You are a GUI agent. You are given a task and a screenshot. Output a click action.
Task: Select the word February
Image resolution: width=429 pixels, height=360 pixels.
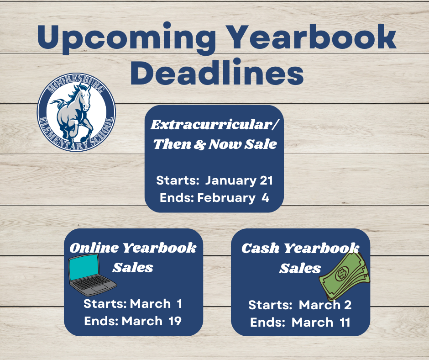coord(226,198)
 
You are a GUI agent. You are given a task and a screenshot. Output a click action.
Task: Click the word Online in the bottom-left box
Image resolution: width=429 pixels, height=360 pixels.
coord(91,248)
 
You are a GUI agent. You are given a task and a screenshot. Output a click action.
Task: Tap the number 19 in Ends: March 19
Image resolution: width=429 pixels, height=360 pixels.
coord(174,321)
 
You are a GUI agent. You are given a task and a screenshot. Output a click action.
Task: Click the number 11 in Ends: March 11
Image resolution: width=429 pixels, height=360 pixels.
coord(345,322)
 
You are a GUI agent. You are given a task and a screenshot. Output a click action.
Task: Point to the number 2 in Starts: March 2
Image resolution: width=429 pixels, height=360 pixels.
coord(348,305)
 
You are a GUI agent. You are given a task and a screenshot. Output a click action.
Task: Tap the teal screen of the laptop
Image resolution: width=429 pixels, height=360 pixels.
coord(84,269)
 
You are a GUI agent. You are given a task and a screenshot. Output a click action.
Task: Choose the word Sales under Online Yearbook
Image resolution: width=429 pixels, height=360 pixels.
coord(133,267)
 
